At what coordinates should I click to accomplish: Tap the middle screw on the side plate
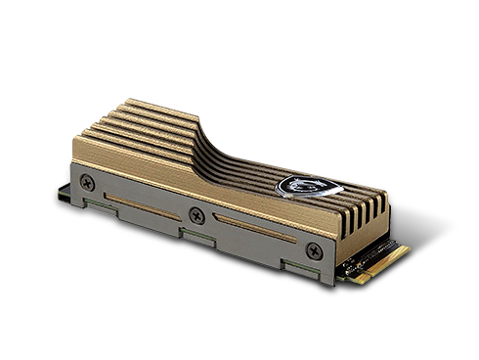coord(198,215)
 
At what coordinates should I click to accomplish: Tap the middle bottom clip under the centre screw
coord(194,235)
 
